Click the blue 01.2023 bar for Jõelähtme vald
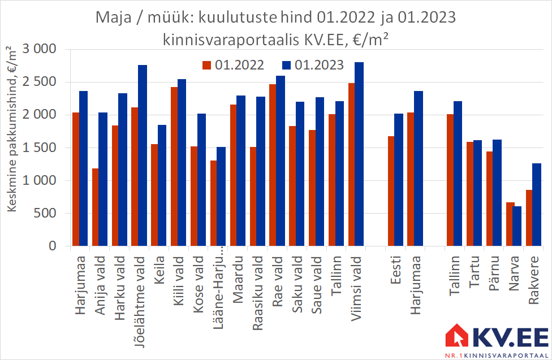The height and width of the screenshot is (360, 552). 143,155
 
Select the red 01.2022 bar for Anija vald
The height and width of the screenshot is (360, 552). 96,207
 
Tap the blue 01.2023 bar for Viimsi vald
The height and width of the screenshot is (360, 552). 359,154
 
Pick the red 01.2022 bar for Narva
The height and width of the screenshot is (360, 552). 510,224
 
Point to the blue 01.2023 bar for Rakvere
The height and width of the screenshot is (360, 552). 537,205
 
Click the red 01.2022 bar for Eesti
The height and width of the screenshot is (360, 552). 391,190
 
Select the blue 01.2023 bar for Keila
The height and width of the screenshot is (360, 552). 162,185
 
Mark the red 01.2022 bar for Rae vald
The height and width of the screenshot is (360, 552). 273,164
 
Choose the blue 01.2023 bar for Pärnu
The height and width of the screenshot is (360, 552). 497,193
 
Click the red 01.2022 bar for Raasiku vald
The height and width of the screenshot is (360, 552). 253,196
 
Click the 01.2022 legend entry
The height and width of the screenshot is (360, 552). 233,65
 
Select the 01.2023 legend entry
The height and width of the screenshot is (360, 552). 313,65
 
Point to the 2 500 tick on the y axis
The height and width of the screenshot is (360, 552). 40,81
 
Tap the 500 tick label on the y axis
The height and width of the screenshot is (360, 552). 45,213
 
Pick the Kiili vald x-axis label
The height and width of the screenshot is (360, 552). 179,280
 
